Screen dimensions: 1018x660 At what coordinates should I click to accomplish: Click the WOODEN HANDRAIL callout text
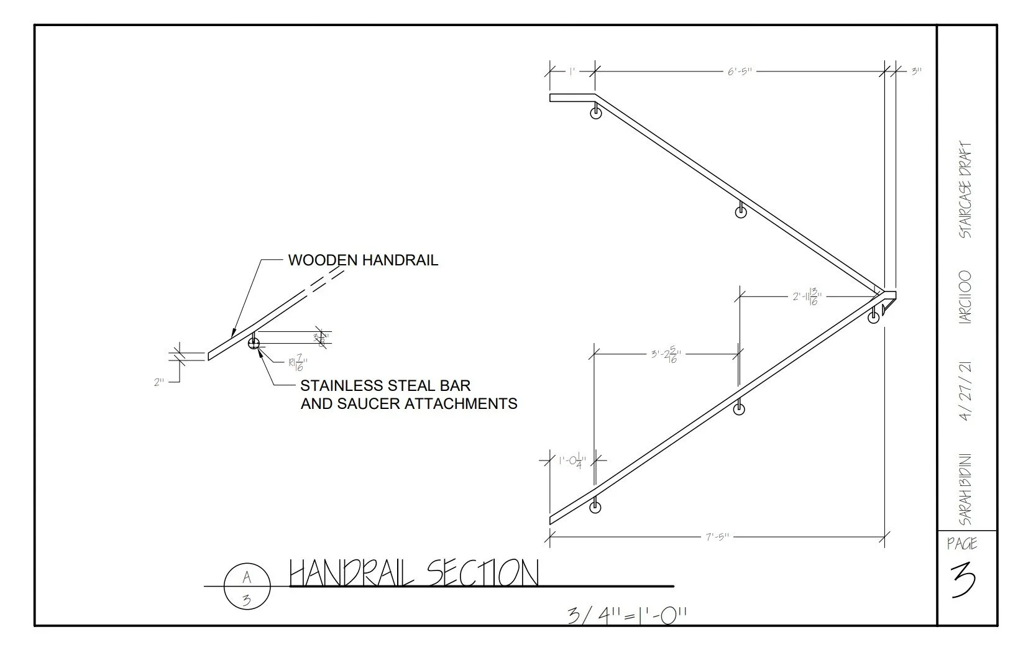click(x=363, y=260)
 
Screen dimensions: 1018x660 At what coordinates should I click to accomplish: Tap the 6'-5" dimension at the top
click(x=740, y=71)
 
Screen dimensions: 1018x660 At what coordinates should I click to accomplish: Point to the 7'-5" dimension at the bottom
click(x=718, y=536)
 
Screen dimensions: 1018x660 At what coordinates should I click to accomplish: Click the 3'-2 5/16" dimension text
click(x=666, y=355)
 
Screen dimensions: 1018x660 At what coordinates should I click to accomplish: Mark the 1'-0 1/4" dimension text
click(x=572, y=461)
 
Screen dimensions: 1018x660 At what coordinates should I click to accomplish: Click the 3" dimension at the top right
click(x=916, y=71)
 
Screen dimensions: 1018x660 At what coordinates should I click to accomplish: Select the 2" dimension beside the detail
click(x=159, y=383)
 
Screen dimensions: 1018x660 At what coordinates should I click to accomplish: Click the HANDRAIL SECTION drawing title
click(x=414, y=572)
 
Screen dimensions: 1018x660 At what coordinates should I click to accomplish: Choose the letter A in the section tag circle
click(x=247, y=577)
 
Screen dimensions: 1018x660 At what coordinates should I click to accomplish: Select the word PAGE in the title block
click(x=962, y=544)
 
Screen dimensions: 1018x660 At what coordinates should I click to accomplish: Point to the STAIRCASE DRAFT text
click(x=965, y=191)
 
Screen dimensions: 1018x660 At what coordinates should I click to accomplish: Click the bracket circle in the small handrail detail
click(x=254, y=343)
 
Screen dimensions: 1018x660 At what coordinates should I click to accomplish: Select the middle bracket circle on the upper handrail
click(x=741, y=213)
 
